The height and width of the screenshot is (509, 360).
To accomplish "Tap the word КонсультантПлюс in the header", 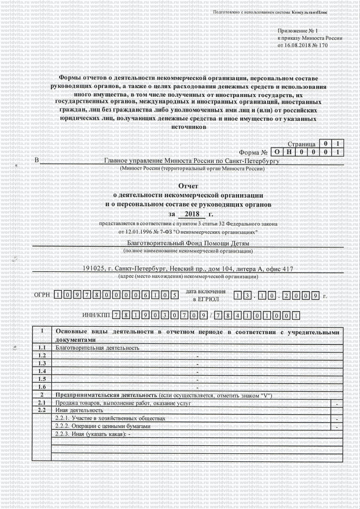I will point(310,13).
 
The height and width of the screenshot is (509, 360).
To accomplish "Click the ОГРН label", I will point(42,295).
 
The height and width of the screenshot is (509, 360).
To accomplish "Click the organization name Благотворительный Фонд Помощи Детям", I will point(188,244).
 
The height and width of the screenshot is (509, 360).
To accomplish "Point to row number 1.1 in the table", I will point(42,348).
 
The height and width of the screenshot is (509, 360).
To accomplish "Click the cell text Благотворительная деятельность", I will point(97,348).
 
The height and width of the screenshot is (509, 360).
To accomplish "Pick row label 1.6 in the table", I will point(42,387).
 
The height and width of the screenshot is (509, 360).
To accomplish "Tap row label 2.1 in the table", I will point(42,403).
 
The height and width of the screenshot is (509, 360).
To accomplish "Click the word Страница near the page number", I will point(301,144).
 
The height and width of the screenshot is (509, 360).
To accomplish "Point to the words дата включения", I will point(206,291).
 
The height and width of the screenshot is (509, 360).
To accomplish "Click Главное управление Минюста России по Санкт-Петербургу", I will point(192,161).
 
